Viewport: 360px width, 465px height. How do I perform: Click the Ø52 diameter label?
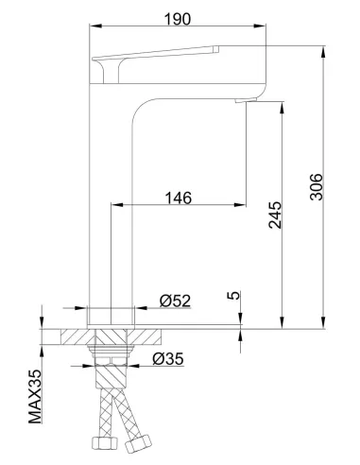[177, 301]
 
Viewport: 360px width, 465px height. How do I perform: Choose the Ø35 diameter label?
[169, 359]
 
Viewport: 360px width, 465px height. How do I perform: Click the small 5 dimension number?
[233, 296]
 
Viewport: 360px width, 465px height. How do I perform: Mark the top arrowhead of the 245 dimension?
[282, 107]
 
